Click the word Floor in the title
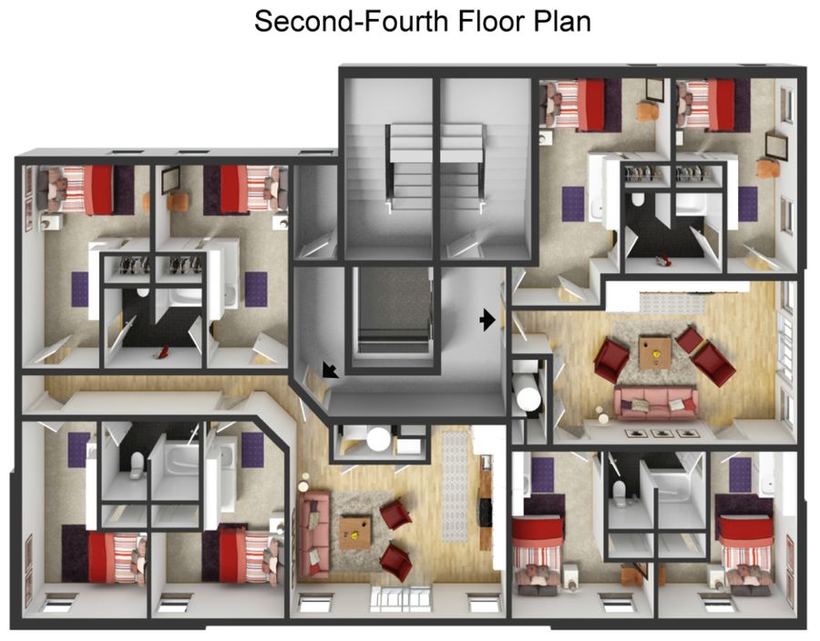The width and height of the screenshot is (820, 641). (490, 22)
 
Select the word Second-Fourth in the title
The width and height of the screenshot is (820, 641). (352, 22)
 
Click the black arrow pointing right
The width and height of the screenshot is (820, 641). (487, 320)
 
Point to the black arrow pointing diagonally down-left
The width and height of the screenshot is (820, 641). (330, 369)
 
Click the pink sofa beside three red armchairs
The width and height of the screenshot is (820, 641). (656, 402)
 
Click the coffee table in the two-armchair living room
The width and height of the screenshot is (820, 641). (355, 532)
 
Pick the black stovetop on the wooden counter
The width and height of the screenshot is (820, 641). (486, 512)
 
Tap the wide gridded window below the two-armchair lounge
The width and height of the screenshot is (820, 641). (401, 599)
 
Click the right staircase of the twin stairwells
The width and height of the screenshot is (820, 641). (485, 168)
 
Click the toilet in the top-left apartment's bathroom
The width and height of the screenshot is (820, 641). (142, 291)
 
